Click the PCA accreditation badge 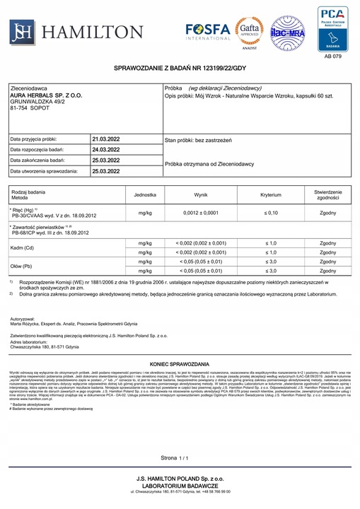point(332,28)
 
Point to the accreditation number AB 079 point(332,56)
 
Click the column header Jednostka point(145,194)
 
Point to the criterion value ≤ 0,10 point(270,213)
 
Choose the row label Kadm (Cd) point(23,248)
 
